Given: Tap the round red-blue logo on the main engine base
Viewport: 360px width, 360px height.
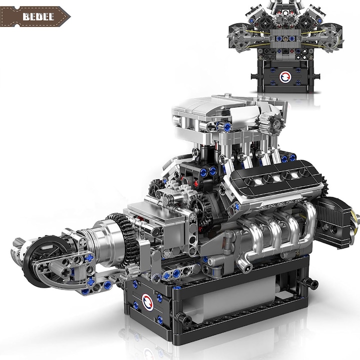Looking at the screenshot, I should (x=148, y=300).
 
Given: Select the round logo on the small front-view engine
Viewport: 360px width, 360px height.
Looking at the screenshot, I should (x=284, y=77).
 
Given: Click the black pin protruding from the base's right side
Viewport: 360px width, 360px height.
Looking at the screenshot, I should (x=314, y=284).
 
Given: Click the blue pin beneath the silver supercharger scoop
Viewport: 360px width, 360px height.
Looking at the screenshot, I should (x=227, y=127).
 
